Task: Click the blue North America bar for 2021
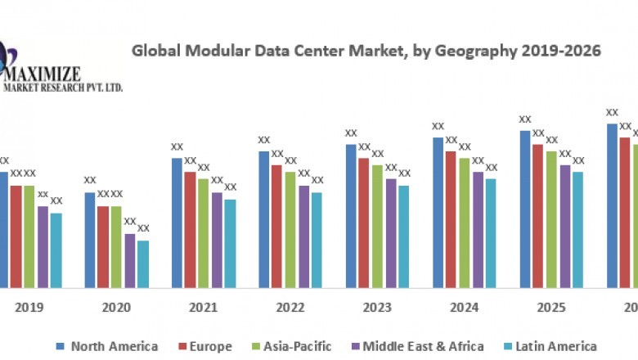pos(177,223)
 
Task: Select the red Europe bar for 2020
pos(103,246)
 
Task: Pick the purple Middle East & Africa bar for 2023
pos(391,232)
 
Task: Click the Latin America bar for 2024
pos(491,232)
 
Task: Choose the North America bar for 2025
pos(524,209)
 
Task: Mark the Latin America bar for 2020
pos(143,263)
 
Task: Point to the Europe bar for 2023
pos(364,223)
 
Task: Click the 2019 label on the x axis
pos(29,307)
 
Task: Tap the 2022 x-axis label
pos(290,307)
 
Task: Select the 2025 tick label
pos(551,307)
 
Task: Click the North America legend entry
pos(106,346)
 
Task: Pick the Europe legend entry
pos(205,346)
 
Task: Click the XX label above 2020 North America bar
pos(90,180)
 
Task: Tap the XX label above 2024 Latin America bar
pos(491,168)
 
